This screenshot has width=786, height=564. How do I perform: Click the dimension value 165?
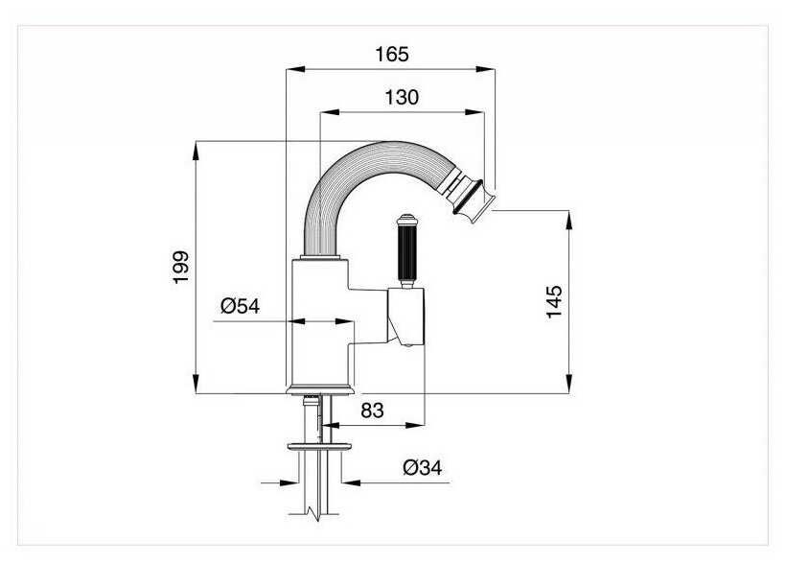click(392, 54)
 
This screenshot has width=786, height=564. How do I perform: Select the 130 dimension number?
click(402, 97)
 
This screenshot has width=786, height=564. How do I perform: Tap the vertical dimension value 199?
click(180, 268)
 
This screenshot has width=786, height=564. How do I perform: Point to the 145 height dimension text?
click(554, 301)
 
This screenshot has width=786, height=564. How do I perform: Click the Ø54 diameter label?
click(240, 306)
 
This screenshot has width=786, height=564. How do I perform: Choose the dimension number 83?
click(373, 411)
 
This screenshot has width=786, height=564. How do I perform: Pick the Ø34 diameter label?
click(423, 468)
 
